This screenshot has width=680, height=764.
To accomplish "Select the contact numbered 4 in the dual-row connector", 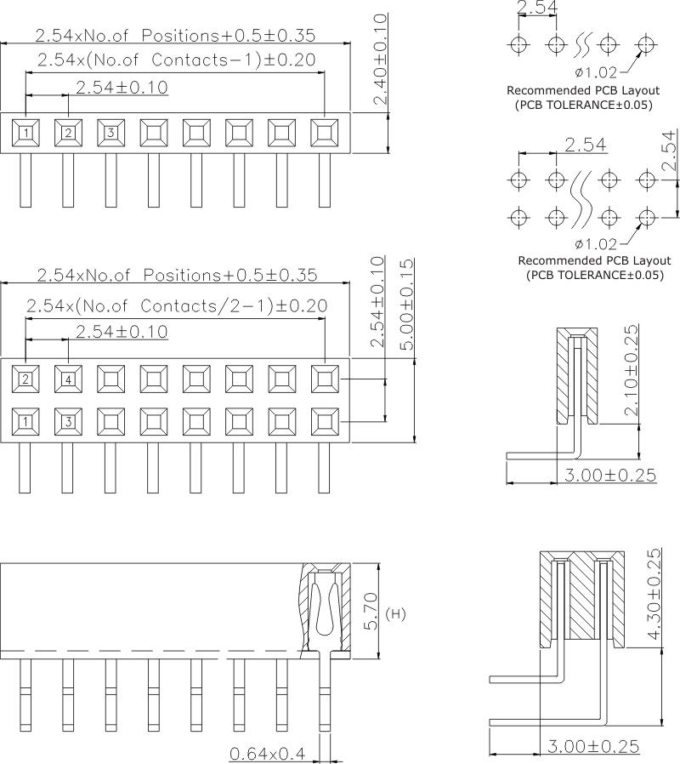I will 68,379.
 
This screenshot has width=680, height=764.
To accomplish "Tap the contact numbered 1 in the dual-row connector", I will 26,420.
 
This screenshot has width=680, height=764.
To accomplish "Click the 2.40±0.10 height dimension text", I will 381,60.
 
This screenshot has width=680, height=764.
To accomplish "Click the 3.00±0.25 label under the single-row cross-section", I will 609,475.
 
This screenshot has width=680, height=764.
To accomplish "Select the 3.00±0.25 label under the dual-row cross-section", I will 592,746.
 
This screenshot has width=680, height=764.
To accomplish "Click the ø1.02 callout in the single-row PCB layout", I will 594,71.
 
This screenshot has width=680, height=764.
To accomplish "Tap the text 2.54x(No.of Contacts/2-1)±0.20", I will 177,305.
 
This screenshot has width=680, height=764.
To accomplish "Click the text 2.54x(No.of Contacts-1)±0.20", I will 176,60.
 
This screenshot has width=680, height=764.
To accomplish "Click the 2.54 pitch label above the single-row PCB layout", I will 537,9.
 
